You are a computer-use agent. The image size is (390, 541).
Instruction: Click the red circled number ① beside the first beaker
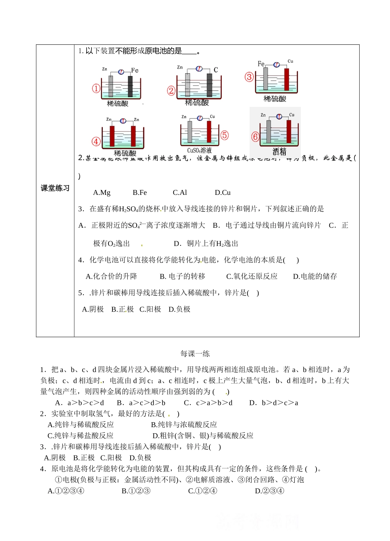(96, 88)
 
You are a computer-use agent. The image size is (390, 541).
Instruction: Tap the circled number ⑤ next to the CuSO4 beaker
(225, 135)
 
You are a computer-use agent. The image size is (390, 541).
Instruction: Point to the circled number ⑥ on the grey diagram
(255, 136)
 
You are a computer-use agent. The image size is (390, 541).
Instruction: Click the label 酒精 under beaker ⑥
(279, 152)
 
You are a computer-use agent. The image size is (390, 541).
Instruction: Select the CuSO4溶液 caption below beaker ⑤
(200, 151)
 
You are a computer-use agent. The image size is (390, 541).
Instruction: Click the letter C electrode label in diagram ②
(216, 70)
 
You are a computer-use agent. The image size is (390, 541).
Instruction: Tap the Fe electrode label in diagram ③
(262, 64)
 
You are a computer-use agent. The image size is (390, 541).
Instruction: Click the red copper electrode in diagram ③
(286, 79)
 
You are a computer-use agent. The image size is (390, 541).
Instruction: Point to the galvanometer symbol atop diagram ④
(122, 120)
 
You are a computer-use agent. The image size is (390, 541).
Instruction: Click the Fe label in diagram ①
(135, 70)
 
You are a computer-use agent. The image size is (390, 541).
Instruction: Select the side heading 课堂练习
(55, 188)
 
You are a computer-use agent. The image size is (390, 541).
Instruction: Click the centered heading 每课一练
(195, 354)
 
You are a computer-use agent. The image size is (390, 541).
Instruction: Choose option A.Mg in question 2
(102, 192)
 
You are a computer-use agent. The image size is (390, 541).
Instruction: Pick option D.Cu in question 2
(223, 192)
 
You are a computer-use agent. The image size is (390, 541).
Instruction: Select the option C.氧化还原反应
(252, 276)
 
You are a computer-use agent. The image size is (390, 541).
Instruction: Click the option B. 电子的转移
(182, 276)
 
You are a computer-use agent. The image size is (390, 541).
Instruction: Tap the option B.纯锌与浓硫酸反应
(184, 425)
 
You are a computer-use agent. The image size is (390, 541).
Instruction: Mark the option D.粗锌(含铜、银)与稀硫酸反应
(203, 436)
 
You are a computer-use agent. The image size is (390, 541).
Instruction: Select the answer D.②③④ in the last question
(269, 491)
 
